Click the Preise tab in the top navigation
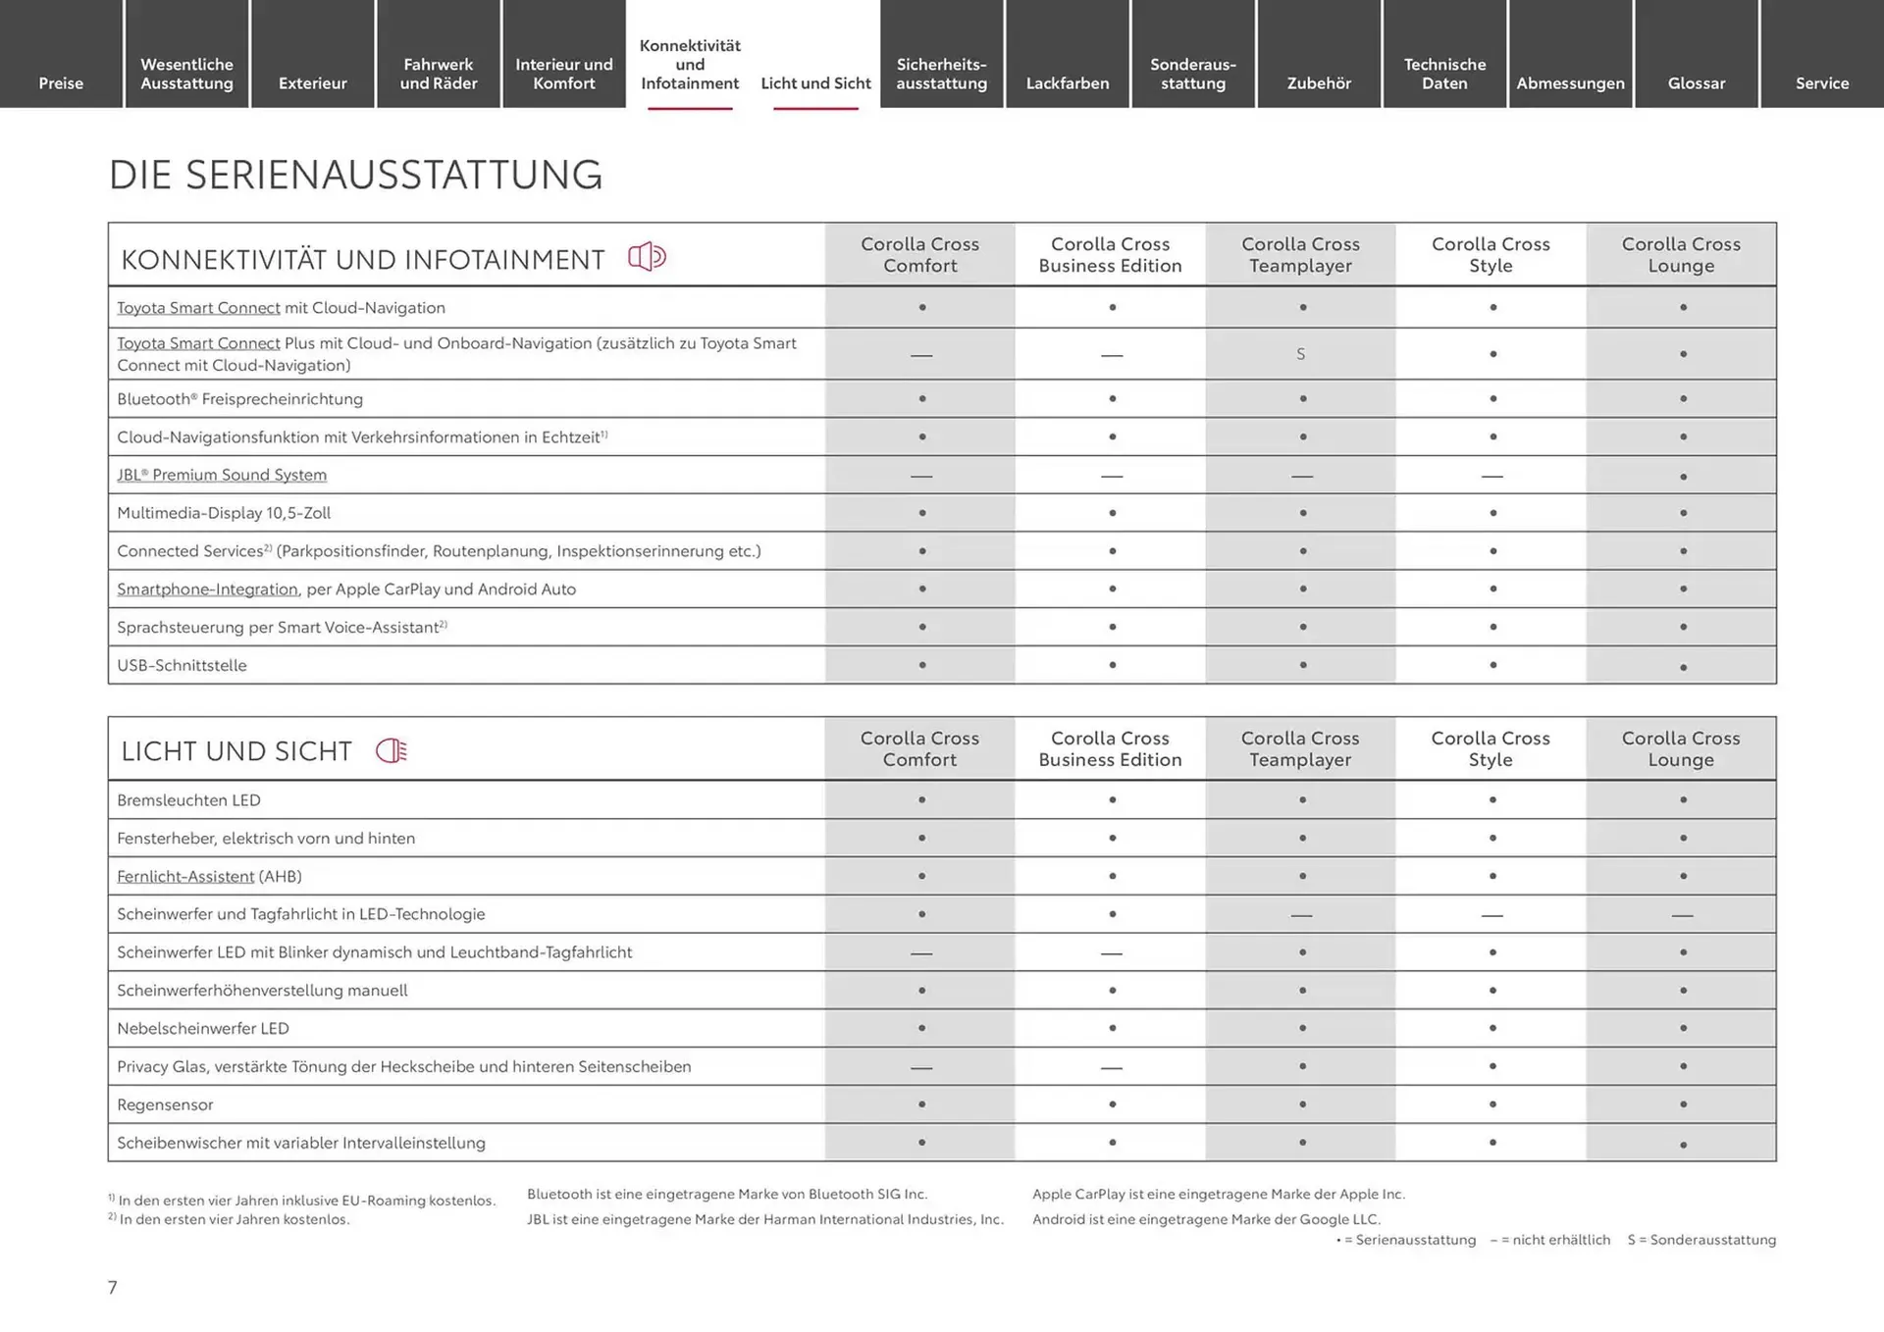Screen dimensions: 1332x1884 (61, 83)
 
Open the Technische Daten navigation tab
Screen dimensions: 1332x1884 (1444, 74)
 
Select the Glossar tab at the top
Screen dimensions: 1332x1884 (1696, 83)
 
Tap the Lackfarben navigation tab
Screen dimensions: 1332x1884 (1068, 83)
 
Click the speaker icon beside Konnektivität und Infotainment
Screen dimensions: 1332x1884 (647, 257)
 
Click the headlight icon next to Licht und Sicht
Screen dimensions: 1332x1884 (392, 751)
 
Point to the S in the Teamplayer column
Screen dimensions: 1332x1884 (1301, 354)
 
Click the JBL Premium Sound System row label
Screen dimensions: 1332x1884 (222, 475)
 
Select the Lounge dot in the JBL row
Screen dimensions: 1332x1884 (1683, 477)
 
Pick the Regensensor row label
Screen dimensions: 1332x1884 (165, 1104)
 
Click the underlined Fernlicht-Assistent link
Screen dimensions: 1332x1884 (185, 876)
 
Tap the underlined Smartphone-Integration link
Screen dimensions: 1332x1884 (207, 589)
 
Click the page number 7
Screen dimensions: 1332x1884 (113, 1287)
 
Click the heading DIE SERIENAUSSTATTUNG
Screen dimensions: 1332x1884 (355, 175)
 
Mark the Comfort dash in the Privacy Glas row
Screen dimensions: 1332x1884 (921, 1067)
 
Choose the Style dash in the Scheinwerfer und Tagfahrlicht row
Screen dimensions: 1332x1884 (1492, 915)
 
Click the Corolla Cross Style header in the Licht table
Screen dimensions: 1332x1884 (1491, 748)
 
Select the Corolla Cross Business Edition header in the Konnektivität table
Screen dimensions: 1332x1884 (1110, 255)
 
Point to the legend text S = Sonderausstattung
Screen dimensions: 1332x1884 (1701, 1240)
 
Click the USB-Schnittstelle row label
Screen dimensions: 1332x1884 (182, 665)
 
